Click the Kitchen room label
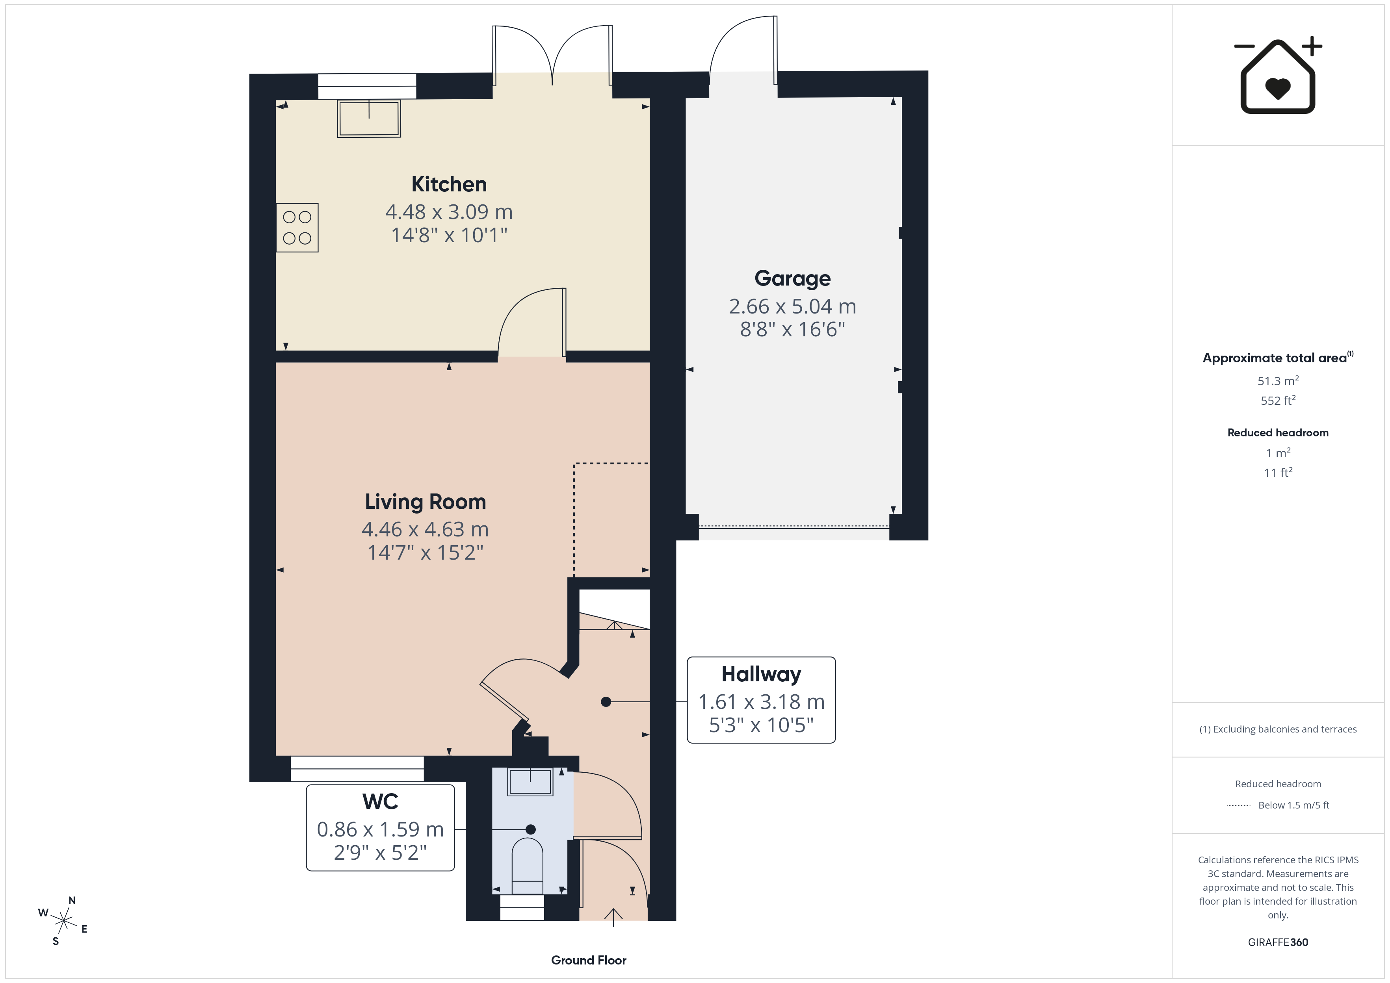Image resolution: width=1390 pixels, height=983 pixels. tap(449, 184)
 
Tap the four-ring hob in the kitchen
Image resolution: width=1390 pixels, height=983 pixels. tap(297, 228)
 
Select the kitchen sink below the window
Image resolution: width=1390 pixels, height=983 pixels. tap(369, 119)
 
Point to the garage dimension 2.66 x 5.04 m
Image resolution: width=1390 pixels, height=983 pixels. tap(792, 306)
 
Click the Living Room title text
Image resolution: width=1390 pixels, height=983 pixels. tap(425, 502)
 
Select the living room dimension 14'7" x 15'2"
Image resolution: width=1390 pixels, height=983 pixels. tap(426, 553)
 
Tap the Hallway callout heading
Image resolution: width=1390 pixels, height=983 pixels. tap(761, 674)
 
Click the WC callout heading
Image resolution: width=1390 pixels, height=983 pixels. tap(380, 801)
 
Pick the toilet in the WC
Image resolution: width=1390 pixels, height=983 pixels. tap(527, 866)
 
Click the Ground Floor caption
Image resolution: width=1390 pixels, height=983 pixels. tap(589, 960)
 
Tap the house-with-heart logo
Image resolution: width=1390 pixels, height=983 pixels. tap(1278, 75)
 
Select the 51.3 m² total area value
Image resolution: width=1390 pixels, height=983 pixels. tap(1278, 381)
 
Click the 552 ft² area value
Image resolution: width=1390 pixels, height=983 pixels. tap(1278, 401)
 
